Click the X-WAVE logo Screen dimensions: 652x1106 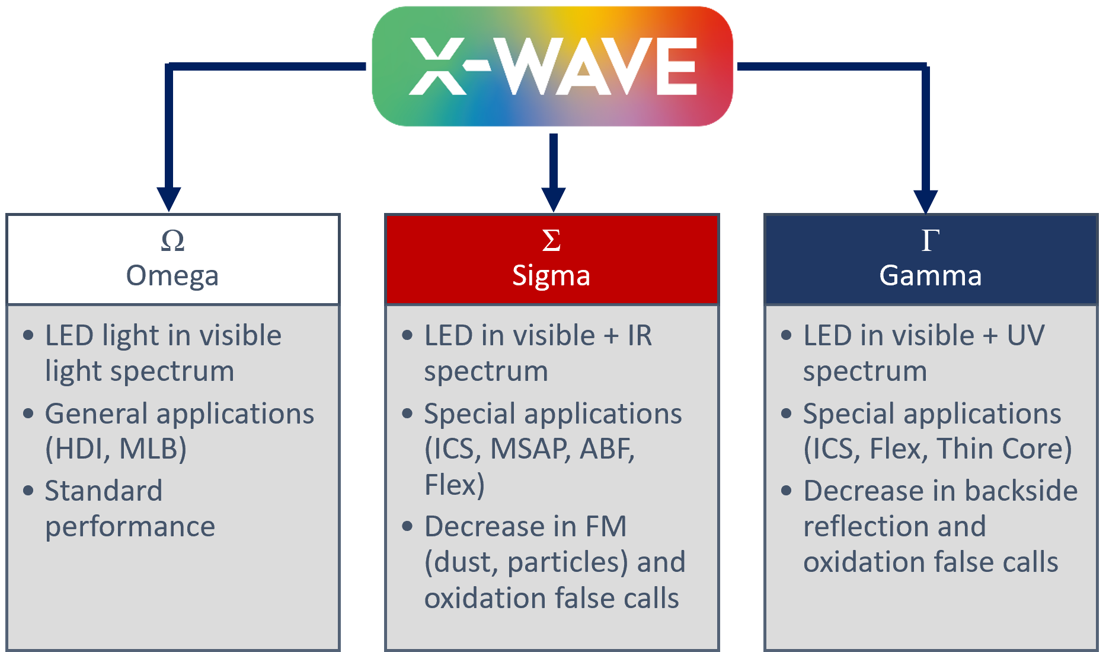point(552,66)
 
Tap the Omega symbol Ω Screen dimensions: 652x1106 point(172,240)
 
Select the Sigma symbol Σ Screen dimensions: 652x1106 point(551,240)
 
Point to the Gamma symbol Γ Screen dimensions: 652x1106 point(931,240)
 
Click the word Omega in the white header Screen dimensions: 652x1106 point(172,276)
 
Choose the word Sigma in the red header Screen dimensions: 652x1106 point(551,276)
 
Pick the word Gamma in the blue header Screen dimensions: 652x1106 point(931,276)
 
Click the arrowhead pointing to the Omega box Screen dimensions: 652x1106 point(169,199)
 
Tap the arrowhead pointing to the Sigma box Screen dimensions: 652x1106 point(554,199)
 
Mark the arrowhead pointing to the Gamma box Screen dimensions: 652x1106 point(925,201)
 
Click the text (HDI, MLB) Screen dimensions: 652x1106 point(116,449)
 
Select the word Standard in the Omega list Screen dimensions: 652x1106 point(104,491)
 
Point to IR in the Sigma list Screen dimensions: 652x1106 point(640,336)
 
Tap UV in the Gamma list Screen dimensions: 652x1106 point(1025,336)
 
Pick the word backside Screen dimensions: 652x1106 point(1021,491)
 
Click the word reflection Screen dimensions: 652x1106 point(894,527)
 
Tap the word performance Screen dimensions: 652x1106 point(130,527)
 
